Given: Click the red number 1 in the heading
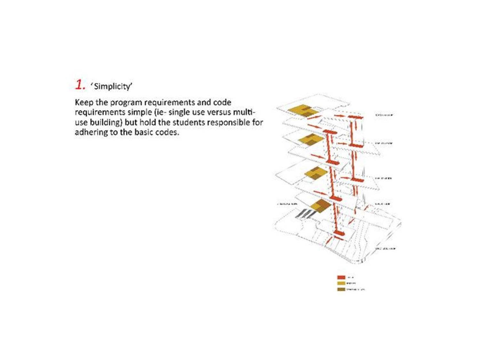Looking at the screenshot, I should [x=80, y=84].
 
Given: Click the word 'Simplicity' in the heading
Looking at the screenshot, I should [x=112, y=87].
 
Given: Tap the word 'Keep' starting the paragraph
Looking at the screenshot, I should [x=84, y=102].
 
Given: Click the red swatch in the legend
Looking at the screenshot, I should [x=341, y=277].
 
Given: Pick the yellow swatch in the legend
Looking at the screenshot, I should [x=341, y=283].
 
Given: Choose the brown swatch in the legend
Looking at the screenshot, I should [x=341, y=289].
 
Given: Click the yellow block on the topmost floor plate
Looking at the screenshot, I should [x=300, y=110].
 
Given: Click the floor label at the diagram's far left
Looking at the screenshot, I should [x=287, y=204].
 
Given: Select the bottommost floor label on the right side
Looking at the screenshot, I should [x=385, y=249].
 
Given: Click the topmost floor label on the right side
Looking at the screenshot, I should [x=384, y=115].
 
